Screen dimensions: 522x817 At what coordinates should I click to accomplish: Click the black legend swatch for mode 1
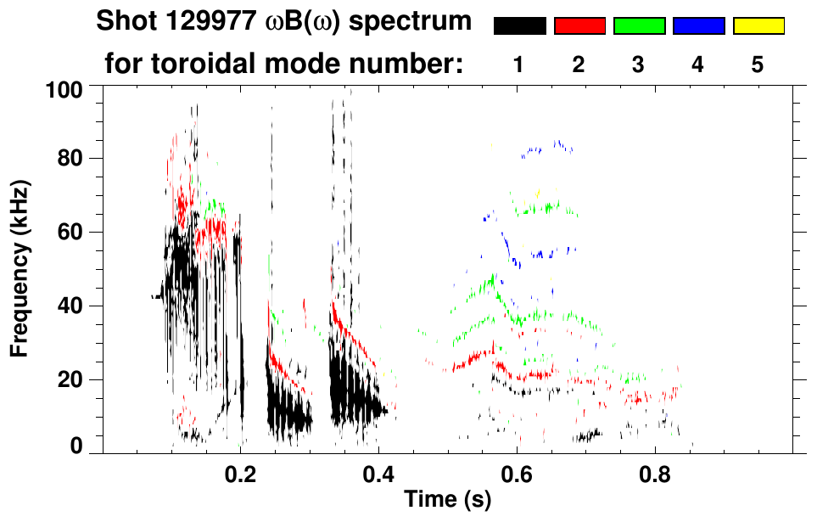[519, 26]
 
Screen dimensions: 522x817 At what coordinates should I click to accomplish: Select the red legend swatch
[579, 26]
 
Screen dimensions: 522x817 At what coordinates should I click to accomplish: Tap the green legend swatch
[639, 26]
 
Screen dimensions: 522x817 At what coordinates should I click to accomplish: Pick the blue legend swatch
[698, 26]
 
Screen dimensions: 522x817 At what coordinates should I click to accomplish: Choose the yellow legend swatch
[758, 26]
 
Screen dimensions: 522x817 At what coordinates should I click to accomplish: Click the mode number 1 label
[519, 65]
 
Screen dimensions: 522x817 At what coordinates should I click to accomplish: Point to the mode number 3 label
[639, 65]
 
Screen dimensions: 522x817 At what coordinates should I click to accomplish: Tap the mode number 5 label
[758, 65]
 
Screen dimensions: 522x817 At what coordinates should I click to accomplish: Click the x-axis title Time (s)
[446, 500]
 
